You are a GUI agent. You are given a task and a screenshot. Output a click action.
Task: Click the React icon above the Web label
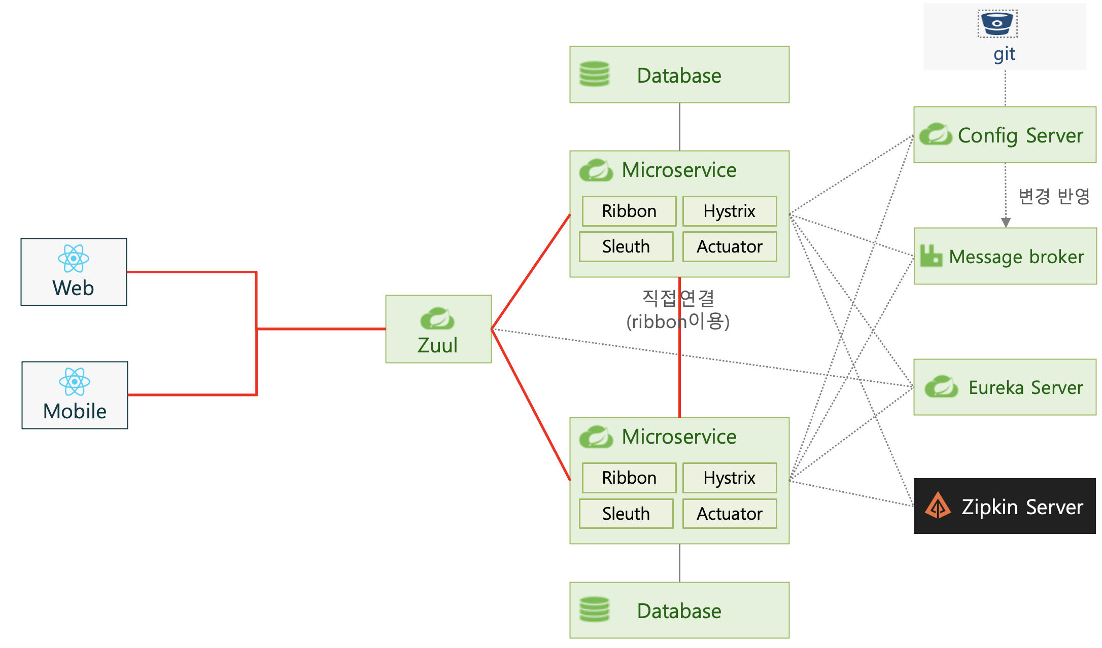pyautogui.click(x=74, y=258)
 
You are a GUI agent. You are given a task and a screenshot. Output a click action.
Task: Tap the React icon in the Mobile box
pyautogui.click(x=75, y=381)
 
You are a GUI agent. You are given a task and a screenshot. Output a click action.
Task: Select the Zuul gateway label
pyautogui.click(x=437, y=345)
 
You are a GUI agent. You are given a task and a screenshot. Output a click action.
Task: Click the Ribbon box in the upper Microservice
pyautogui.click(x=629, y=211)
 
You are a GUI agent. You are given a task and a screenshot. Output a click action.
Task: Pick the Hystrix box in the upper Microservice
pyautogui.click(x=729, y=211)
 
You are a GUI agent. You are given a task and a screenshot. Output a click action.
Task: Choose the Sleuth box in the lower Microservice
pyautogui.click(x=626, y=514)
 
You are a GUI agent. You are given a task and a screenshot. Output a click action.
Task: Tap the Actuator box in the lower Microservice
pyautogui.click(x=729, y=514)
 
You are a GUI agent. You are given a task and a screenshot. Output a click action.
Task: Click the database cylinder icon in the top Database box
pyautogui.click(x=595, y=74)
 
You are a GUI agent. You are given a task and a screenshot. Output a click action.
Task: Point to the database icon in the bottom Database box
pyautogui.click(x=595, y=609)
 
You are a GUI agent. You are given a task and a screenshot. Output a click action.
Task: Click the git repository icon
pyautogui.click(x=997, y=23)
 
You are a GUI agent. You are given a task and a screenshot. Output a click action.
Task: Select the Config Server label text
pyautogui.click(x=1020, y=135)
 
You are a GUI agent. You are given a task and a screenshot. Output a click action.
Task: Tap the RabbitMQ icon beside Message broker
pyautogui.click(x=931, y=256)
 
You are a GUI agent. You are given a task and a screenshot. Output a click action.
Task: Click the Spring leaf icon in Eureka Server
pyautogui.click(x=941, y=387)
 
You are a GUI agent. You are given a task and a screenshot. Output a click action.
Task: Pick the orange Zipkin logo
pyautogui.click(x=938, y=506)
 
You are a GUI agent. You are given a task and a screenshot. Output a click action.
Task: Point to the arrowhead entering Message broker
pyautogui.click(x=1006, y=223)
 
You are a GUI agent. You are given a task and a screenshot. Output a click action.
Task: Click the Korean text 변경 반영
pyautogui.click(x=1054, y=196)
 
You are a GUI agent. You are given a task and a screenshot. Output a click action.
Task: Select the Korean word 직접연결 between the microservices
pyautogui.click(x=678, y=298)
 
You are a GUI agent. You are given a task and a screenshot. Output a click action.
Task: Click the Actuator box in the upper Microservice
pyautogui.click(x=729, y=247)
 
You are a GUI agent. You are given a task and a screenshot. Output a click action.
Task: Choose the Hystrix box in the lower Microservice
pyautogui.click(x=729, y=478)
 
